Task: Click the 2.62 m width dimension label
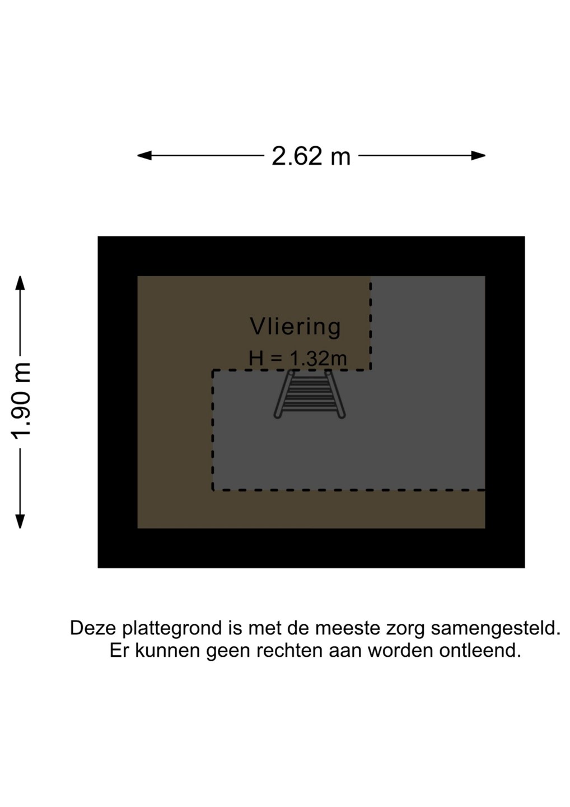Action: (311, 156)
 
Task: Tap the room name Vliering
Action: (295, 326)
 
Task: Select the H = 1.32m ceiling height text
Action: (297, 358)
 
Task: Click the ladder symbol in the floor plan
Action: (310, 394)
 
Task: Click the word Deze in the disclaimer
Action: (94, 628)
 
